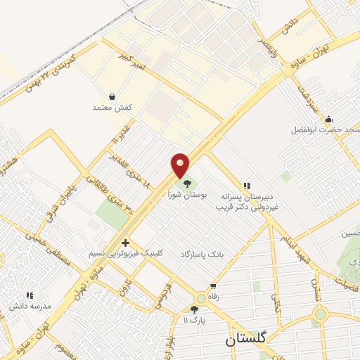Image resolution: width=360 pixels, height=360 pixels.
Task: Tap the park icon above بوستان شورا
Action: pyautogui.click(x=186, y=183)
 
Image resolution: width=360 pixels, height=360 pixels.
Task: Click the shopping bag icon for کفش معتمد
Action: pyautogui.click(x=112, y=96)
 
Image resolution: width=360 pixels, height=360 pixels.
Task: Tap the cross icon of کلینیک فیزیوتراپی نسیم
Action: pyautogui.click(x=125, y=243)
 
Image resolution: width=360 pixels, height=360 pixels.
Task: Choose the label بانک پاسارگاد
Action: pyautogui.click(x=201, y=252)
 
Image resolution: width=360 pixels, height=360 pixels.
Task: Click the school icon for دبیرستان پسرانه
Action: pyautogui.click(x=246, y=184)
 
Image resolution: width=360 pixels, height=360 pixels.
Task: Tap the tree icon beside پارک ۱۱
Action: pyautogui.click(x=195, y=309)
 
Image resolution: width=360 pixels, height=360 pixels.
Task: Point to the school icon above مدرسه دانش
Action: pyautogui.click(x=30, y=296)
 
